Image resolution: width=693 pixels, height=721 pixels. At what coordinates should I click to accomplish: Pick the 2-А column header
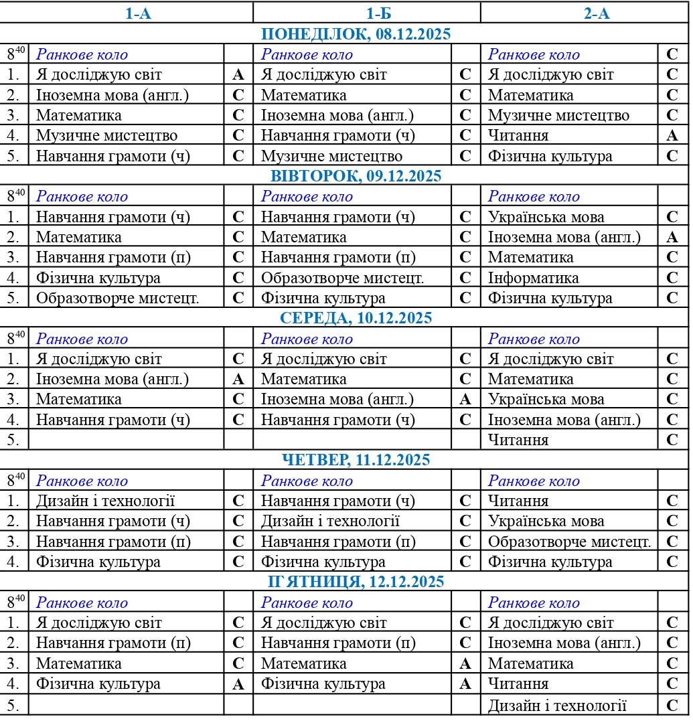pyautogui.click(x=597, y=13)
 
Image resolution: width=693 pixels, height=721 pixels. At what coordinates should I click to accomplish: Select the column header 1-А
pyautogui.click(x=139, y=13)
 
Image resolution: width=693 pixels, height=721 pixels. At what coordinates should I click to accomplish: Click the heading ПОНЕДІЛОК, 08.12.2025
pyautogui.click(x=356, y=34)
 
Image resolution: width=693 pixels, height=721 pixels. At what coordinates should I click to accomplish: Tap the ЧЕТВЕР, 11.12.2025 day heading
pyautogui.click(x=356, y=460)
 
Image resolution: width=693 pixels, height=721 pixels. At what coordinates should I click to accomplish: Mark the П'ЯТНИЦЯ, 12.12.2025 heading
pyautogui.click(x=356, y=582)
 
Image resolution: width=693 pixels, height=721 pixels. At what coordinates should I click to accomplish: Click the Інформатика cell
pyautogui.click(x=533, y=278)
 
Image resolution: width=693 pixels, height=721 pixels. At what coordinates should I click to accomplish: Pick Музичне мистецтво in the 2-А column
pyautogui.click(x=558, y=115)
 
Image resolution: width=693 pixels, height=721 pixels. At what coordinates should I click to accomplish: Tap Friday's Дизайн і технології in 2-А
pyautogui.click(x=557, y=705)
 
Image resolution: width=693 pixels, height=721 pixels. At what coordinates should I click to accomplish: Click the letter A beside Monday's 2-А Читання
pyautogui.click(x=672, y=136)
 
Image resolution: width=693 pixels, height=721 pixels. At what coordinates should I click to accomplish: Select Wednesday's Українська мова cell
pyautogui.click(x=546, y=400)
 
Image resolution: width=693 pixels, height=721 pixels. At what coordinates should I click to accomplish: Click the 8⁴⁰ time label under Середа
pyautogui.click(x=15, y=339)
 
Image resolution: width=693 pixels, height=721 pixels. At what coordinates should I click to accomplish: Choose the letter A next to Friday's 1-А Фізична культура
pyautogui.click(x=238, y=684)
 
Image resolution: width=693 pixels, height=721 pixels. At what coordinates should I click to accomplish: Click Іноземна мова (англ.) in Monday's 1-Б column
pyautogui.click(x=337, y=115)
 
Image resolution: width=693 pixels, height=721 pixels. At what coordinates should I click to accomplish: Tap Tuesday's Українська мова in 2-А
pyautogui.click(x=546, y=217)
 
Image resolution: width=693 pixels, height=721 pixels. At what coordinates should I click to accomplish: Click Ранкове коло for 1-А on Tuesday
pyautogui.click(x=82, y=197)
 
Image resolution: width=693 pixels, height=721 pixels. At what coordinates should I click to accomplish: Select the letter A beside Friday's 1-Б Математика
pyautogui.click(x=465, y=664)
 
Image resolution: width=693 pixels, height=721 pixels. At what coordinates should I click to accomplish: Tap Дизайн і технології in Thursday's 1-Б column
pyautogui.click(x=330, y=522)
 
